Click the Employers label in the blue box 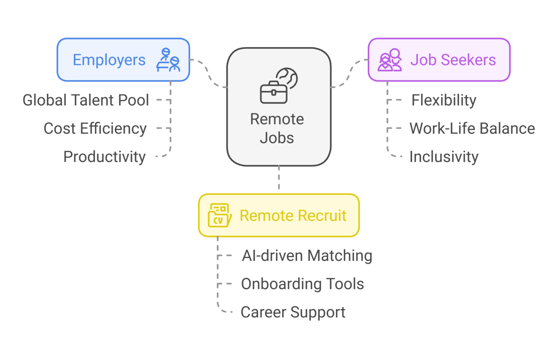click(109, 60)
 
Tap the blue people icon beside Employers click(168, 60)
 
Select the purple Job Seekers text click(453, 60)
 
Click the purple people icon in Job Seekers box click(390, 60)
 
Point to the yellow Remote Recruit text click(293, 215)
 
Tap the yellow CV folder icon click(219, 215)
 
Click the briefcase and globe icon click(279, 86)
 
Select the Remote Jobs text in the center click(277, 129)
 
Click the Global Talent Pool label click(86, 100)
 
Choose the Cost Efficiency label click(95, 129)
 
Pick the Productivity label click(105, 157)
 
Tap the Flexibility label click(444, 100)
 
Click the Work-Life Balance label click(472, 129)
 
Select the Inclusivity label click(444, 157)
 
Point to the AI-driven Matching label click(307, 256)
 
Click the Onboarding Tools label click(302, 284)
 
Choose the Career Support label click(293, 312)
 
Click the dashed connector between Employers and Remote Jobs click(209, 73)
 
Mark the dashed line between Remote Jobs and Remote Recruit click(279, 178)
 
